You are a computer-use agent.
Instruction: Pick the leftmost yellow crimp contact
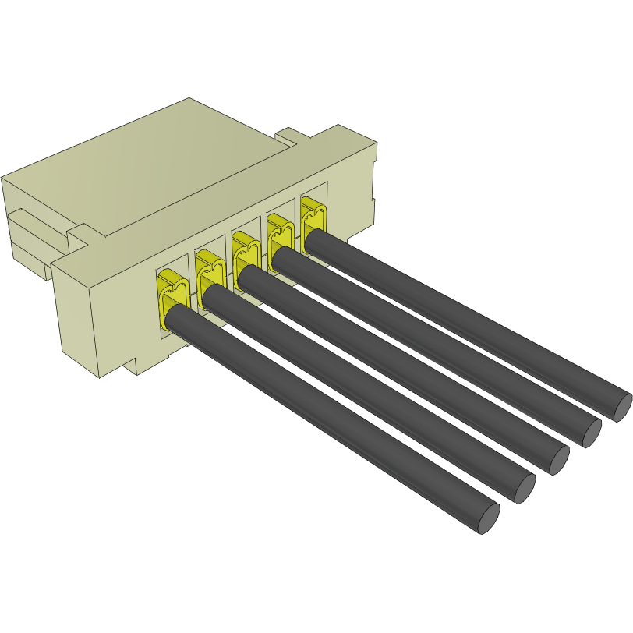pyautogui.click(x=171, y=292)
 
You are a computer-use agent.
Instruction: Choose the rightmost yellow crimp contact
pyautogui.click(x=313, y=214)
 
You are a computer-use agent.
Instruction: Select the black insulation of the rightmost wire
pyautogui.click(x=468, y=320)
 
